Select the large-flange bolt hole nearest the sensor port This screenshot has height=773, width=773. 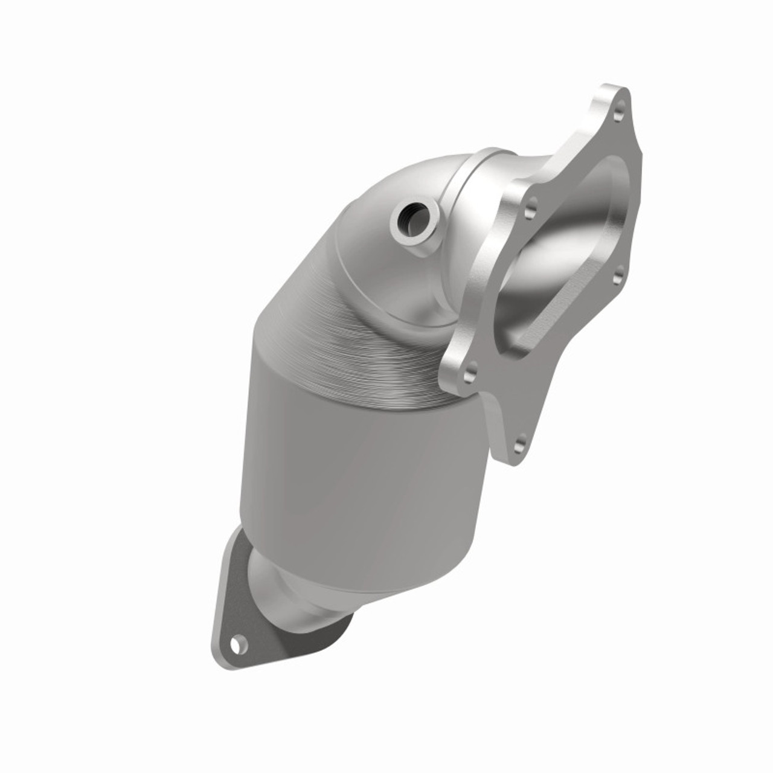531,212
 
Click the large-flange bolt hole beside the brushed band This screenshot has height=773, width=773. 470,370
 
